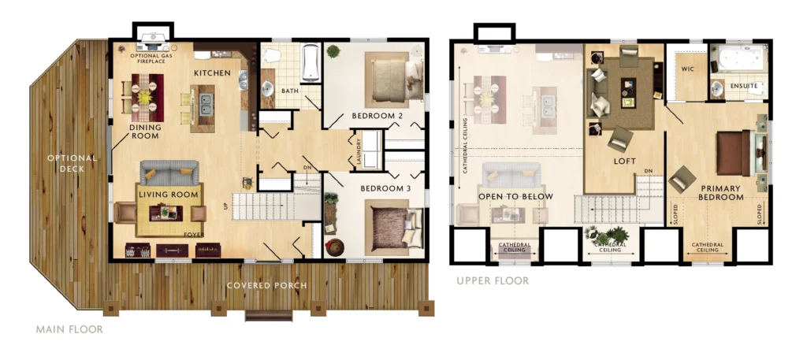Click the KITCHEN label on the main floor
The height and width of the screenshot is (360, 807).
click(212, 73)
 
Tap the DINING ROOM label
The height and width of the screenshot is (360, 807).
click(145, 132)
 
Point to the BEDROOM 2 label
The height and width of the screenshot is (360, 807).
click(377, 116)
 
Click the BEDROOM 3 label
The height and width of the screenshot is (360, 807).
click(385, 189)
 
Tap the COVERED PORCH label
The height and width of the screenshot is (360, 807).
click(266, 285)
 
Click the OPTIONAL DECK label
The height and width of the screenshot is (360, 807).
click(73, 163)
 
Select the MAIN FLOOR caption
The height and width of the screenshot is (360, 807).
click(69, 329)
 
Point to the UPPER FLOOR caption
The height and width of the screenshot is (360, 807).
click(493, 280)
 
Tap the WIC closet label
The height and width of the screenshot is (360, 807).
click(688, 69)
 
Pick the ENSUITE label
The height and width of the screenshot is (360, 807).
click(744, 86)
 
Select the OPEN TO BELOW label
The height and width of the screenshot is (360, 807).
click(515, 196)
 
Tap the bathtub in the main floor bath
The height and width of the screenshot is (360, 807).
click(311, 63)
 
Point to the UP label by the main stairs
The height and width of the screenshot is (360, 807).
click(225, 205)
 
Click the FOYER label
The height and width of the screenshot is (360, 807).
click(195, 235)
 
